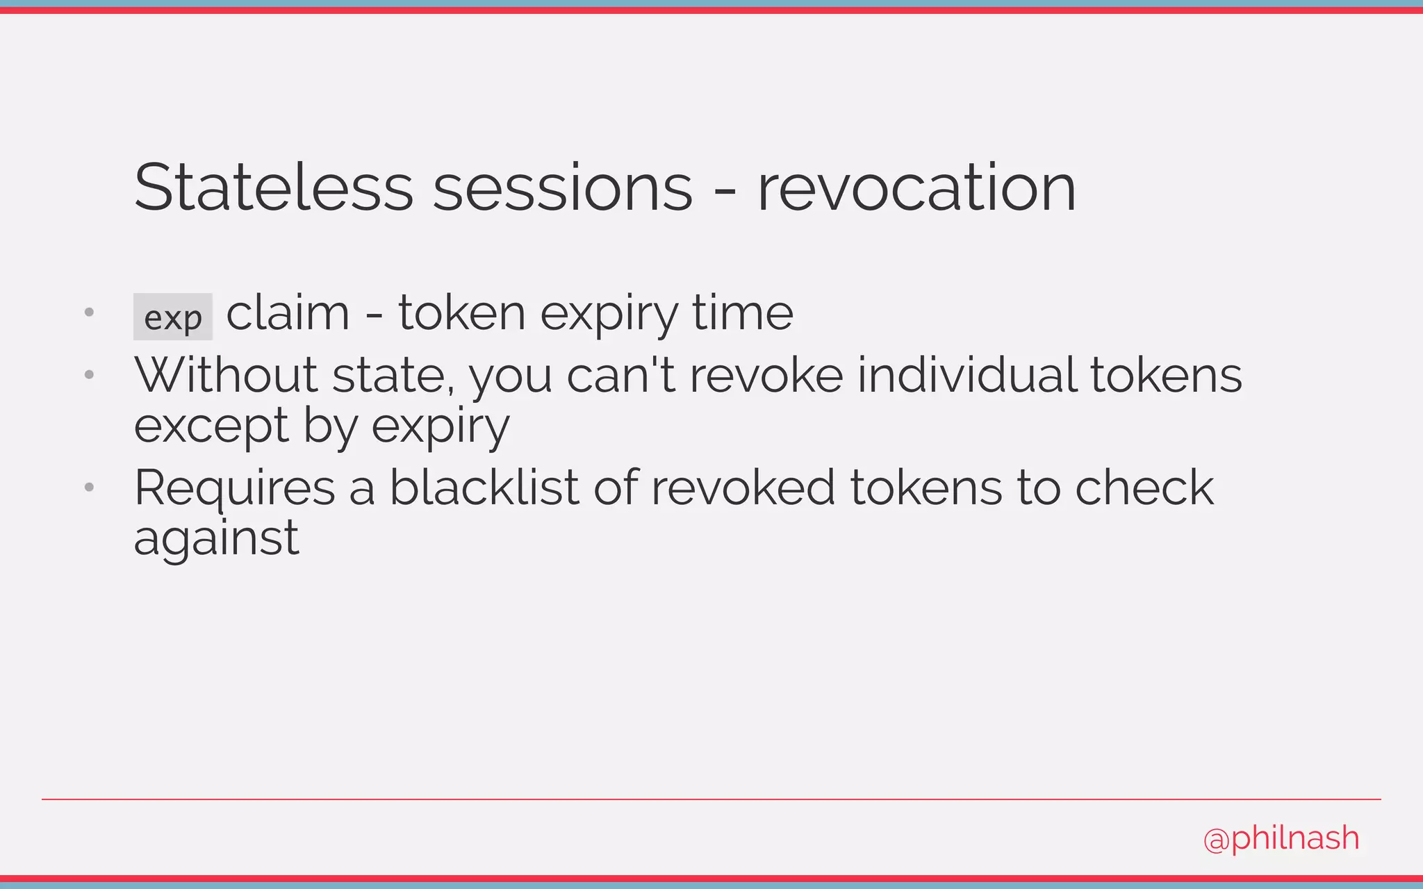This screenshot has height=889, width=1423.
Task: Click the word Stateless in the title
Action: [x=274, y=188]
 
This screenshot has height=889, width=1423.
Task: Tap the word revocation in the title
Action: [x=916, y=188]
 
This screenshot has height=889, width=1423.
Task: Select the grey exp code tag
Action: [x=173, y=317]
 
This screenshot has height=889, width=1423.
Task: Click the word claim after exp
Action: [x=288, y=313]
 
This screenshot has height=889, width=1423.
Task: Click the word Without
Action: [x=226, y=375]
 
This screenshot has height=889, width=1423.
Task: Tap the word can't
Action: [x=620, y=375]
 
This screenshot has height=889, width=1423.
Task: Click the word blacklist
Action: [x=484, y=487]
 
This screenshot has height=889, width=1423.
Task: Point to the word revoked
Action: [x=742, y=487]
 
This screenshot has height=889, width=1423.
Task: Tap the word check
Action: [x=1144, y=487]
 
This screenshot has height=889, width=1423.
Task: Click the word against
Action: [x=216, y=539]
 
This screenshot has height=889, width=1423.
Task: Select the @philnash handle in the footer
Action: [x=1281, y=838]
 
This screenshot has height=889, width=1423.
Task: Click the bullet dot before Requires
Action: [x=89, y=488]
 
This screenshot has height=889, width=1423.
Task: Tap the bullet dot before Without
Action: [x=89, y=375]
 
